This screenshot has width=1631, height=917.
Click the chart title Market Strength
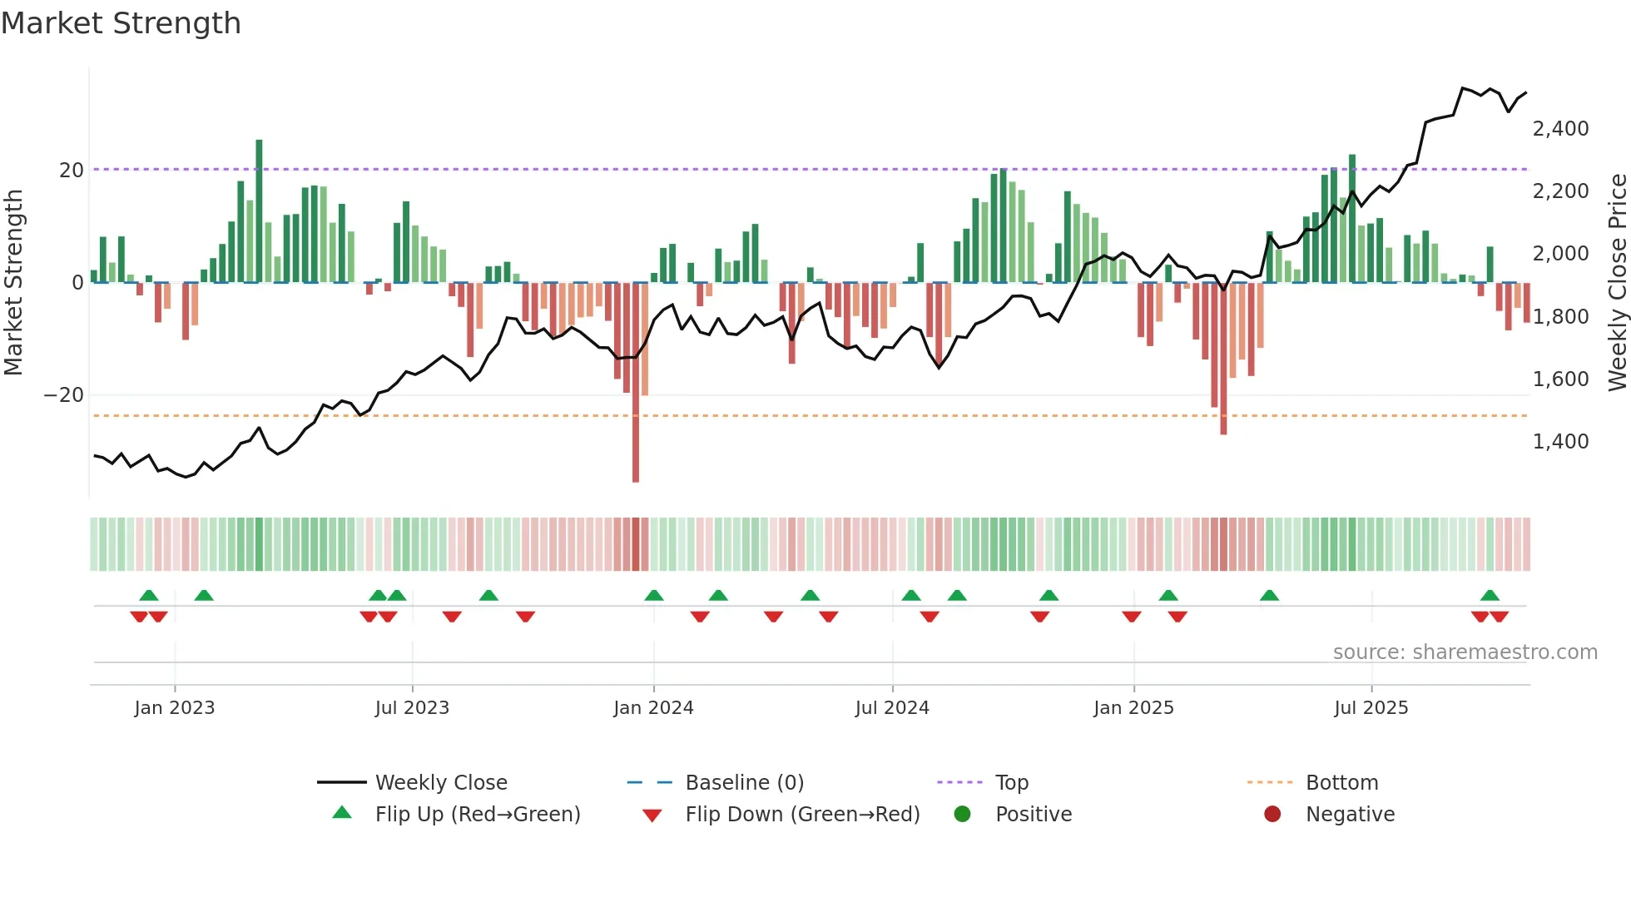(121, 23)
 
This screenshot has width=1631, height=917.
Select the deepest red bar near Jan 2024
(636, 383)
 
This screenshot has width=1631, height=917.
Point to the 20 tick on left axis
(72, 171)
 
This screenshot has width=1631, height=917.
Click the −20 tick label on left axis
(64, 395)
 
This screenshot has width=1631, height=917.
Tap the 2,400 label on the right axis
(1560, 129)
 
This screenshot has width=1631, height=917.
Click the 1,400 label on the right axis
(1560, 442)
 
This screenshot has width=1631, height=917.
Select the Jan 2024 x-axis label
(653, 708)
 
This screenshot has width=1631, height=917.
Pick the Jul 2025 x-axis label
(1371, 708)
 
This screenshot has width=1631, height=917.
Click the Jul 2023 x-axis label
(412, 708)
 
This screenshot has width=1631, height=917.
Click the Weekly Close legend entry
(440, 783)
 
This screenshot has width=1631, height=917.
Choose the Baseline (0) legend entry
(744, 783)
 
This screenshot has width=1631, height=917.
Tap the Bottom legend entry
(1341, 783)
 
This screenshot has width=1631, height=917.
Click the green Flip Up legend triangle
(342, 813)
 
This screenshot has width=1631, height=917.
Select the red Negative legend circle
(1272, 814)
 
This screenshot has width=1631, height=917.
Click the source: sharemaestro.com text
(1465, 652)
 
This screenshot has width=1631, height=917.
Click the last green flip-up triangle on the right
(1490, 596)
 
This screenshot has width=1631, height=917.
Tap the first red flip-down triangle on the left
(139, 617)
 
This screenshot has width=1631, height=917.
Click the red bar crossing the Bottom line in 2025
(1223, 358)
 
